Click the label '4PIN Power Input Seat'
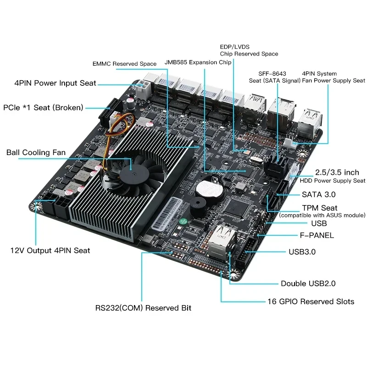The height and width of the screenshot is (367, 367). click(x=55, y=83)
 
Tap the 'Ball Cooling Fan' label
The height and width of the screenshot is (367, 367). click(x=36, y=152)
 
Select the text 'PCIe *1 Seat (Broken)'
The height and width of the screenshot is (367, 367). click(x=43, y=108)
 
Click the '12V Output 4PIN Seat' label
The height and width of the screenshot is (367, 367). click(x=50, y=250)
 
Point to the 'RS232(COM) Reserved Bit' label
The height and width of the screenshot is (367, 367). click(x=143, y=308)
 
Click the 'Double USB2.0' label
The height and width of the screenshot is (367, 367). click(x=308, y=284)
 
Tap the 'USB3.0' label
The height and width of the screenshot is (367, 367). click(x=302, y=252)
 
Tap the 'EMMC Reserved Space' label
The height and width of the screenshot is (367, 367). click(x=124, y=64)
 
